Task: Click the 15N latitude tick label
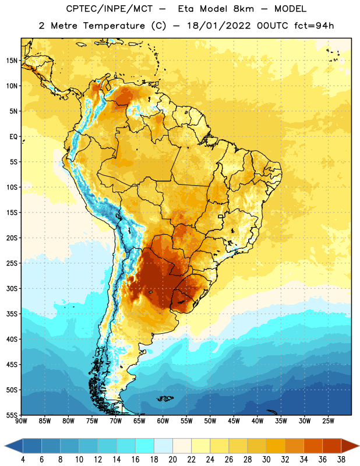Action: coord(12,61)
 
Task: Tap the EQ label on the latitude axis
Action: coord(13,137)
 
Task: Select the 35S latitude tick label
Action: coord(12,314)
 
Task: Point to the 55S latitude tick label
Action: coord(12,415)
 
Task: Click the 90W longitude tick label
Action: coord(21,421)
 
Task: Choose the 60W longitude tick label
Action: coord(163,421)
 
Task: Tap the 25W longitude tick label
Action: coord(328,421)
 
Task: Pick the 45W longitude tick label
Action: coord(234,421)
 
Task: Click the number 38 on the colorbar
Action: coord(341,460)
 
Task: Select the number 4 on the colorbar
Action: coord(23,460)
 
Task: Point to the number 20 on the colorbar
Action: coord(172,460)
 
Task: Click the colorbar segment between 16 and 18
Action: coord(145,446)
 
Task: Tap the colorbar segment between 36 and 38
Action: coord(332,446)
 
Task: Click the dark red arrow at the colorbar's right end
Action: coord(350,446)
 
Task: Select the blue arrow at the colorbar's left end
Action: coord(14,446)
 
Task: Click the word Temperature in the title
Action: coord(114,26)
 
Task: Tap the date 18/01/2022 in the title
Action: coord(218,26)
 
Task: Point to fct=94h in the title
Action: coord(314,26)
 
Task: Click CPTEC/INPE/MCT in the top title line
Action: coord(109,9)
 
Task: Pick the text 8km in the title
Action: coord(243,9)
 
